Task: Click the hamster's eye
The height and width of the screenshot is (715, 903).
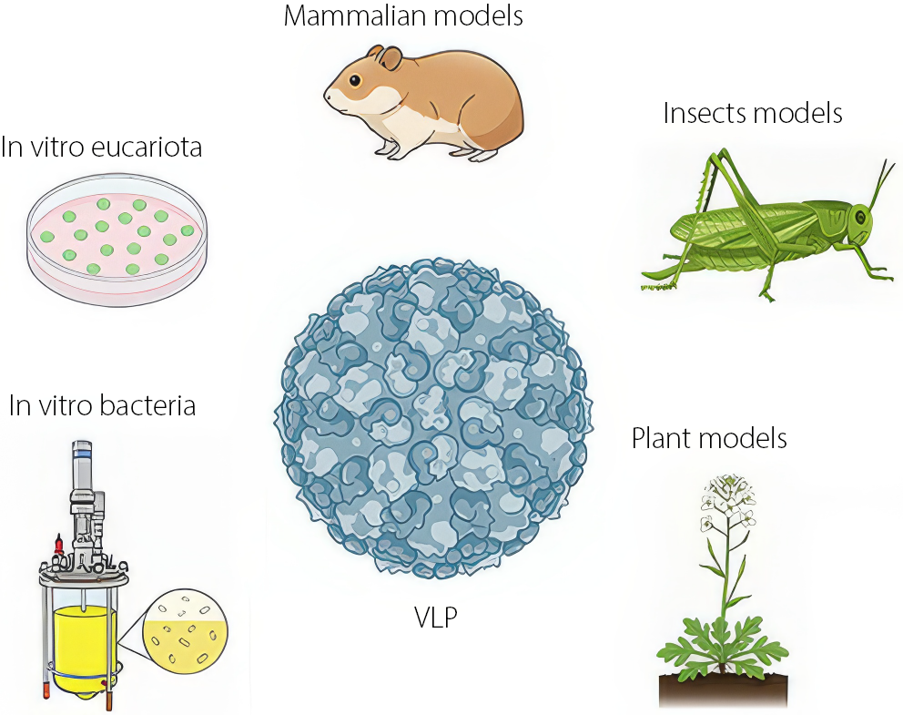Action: pos(353,80)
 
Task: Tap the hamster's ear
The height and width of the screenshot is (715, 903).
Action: pos(390,59)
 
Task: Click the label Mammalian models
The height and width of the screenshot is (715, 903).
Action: pos(403,16)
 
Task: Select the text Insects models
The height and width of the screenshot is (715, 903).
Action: pos(753,113)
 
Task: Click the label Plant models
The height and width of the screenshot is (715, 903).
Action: pos(709,438)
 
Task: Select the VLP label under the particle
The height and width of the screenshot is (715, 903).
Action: pos(435,618)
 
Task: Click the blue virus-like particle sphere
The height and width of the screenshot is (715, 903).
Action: pos(433,419)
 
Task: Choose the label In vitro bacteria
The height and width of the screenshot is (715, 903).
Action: pos(102,405)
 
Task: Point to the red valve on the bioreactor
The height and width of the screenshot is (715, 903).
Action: pos(57,545)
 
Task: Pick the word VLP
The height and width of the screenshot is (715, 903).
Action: pos(435,618)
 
